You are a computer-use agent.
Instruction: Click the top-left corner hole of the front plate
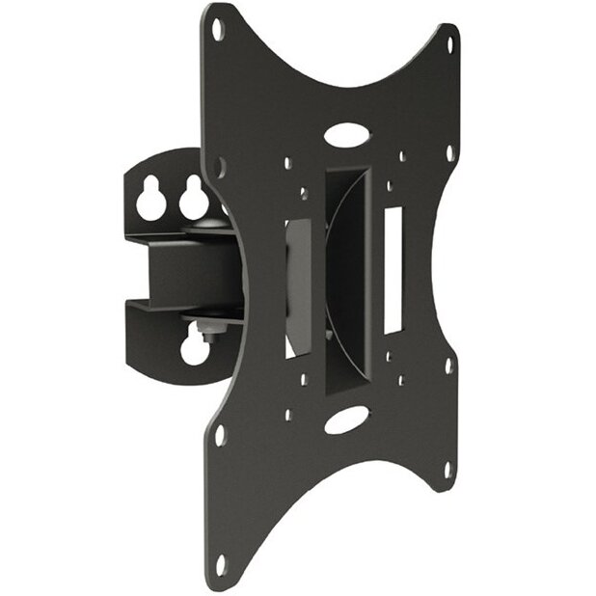coord(217,28)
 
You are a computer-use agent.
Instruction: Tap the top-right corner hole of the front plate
coord(448,42)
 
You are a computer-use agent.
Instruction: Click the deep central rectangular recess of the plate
coord(347,280)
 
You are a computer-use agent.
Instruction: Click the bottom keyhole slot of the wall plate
coord(195,348)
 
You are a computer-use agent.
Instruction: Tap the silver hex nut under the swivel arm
coord(205,332)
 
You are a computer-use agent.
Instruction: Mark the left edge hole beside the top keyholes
coord(220,166)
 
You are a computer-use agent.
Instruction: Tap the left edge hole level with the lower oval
coord(220,435)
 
